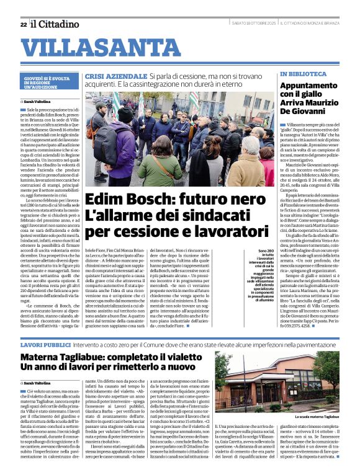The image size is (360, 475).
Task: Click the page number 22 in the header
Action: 23,24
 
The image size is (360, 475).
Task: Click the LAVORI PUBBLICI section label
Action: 45,344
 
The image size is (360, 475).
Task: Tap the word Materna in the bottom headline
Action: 44,358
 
